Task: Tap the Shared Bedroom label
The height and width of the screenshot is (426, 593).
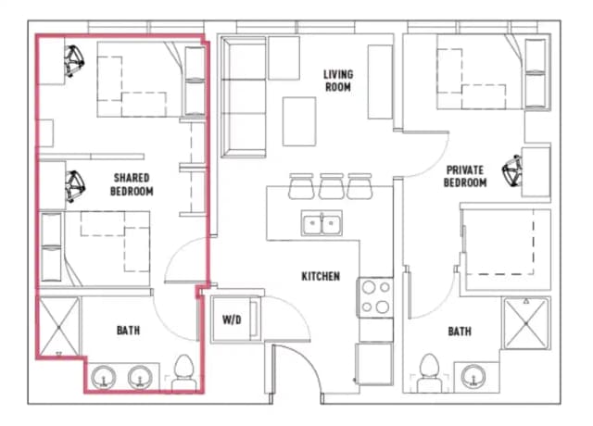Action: coord(133,183)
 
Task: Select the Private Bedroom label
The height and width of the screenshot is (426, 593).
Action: coord(465,176)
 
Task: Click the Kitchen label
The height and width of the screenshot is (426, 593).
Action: coord(321,276)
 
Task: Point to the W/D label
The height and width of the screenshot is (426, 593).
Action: coord(232,320)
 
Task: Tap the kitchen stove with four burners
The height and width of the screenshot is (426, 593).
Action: coord(375,296)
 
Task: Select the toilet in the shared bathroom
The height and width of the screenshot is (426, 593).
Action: coord(184,371)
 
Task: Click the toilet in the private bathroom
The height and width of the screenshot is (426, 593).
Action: coord(429,372)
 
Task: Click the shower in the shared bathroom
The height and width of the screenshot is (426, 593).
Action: coord(58,325)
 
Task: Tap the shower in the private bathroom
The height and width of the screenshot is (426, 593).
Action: coord(526,325)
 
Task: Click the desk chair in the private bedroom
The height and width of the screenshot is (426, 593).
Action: coord(511,169)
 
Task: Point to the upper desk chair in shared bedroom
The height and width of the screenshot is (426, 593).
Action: coord(73,63)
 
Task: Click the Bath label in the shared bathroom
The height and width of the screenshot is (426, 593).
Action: coord(129,331)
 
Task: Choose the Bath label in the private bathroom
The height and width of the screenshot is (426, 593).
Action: coord(459,331)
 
